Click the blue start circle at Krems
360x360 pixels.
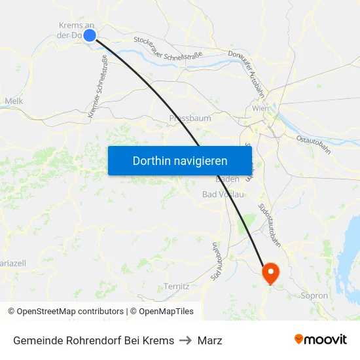(90, 36)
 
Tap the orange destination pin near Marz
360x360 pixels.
(270, 272)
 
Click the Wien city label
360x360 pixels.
(261, 108)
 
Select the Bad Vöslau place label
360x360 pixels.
(223, 194)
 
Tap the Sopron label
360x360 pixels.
(314, 296)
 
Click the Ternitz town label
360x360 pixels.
(176, 287)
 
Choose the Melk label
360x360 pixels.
(14, 101)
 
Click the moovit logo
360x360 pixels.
(321, 340)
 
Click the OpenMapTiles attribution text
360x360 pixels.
(162, 312)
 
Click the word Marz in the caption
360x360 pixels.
(209, 340)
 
